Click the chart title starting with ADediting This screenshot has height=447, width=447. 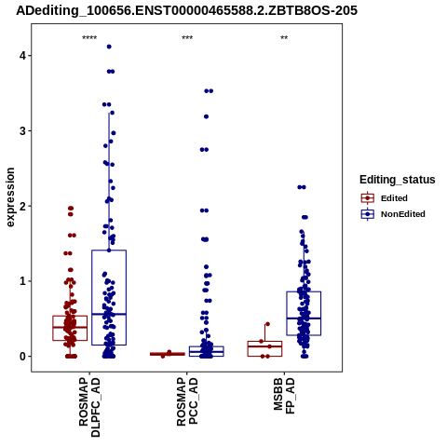(x=186, y=11)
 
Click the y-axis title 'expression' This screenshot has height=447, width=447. (x=10, y=197)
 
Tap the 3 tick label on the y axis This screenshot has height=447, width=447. (x=22, y=131)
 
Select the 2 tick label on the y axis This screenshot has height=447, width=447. (x=22, y=206)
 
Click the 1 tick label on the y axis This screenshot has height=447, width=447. (x=22, y=281)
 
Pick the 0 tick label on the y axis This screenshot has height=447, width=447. (x=22, y=357)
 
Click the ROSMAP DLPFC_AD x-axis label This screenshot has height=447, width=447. (x=89, y=407)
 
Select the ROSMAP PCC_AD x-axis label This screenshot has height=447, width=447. (x=187, y=401)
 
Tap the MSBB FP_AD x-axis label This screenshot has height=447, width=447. (x=284, y=396)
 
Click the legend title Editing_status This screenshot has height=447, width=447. (x=398, y=180)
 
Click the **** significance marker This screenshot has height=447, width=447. (x=89, y=38)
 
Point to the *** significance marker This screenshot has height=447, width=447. (x=187, y=38)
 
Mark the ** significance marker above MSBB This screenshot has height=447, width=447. (x=284, y=38)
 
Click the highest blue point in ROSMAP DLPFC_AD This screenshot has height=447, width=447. (x=109, y=47)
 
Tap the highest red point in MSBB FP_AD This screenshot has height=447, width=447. (x=267, y=324)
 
